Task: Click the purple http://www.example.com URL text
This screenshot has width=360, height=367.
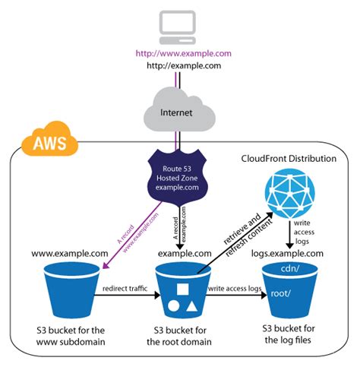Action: coord(179,54)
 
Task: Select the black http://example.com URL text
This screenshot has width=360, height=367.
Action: coord(179,66)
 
